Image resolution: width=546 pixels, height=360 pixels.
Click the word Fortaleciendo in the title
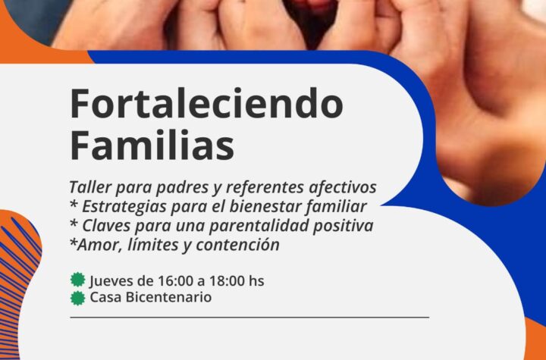pyautogui.click(x=206, y=104)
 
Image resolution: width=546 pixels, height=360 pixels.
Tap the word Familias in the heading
pyautogui.click(x=152, y=145)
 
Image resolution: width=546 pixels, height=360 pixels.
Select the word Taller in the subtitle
pyautogui.click(x=90, y=187)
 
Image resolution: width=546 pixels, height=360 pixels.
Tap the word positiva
pyautogui.click(x=343, y=226)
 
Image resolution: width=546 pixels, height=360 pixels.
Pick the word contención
pyautogui.click(x=238, y=244)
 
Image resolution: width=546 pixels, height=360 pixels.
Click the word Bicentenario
pyautogui.click(x=168, y=297)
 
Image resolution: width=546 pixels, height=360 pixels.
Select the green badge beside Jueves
pyautogui.click(x=77, y=280)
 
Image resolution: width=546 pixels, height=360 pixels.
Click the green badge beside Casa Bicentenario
pyautogui.click(x=77, y=298)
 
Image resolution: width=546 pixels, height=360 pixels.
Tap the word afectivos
pyautogui.click(x=343, y=187)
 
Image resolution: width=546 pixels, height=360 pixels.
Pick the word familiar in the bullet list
pyautogui.click(x=337, y=206)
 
